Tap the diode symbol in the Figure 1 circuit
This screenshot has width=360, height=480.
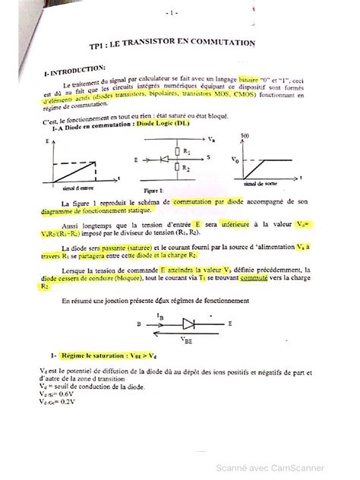(162, 161)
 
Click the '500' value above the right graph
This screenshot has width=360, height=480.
(245, 135)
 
